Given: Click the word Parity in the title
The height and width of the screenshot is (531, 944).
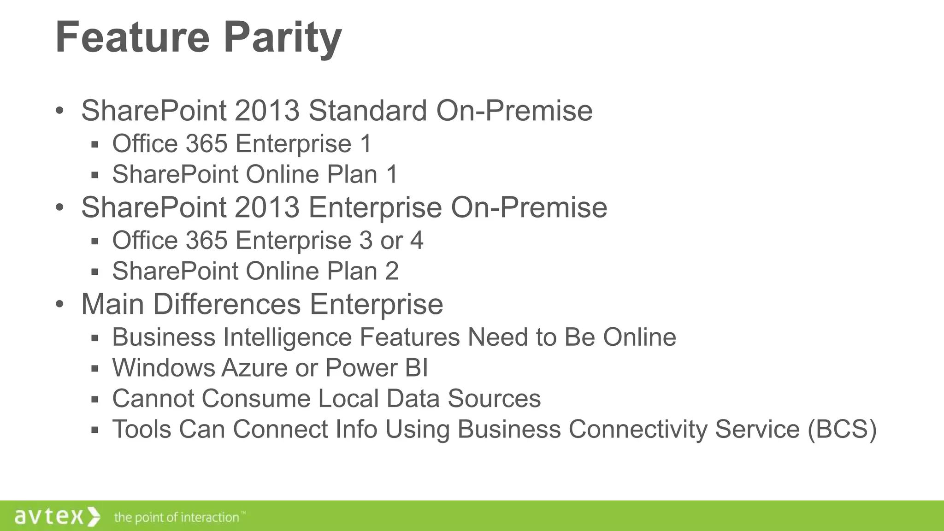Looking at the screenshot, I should tap(283, 38).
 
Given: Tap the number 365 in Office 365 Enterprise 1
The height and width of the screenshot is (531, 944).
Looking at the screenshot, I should tap(206, 143).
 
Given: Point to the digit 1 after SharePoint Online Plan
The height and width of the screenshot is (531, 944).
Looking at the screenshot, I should tap(392, 174).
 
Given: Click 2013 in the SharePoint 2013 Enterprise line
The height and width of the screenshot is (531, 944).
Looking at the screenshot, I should tap(267, 207).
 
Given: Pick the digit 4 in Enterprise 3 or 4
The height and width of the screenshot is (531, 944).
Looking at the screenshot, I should tap(417, 240).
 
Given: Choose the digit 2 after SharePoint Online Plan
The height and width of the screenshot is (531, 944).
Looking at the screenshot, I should tap(392, 271).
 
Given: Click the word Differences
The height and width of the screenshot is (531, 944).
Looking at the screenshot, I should tap(227, 304).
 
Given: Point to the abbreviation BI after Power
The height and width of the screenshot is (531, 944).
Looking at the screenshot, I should tap(417, 368).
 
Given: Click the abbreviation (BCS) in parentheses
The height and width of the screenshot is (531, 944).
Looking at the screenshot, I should tap(842, 429).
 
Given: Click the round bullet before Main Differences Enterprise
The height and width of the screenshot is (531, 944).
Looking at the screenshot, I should tap(59, 304).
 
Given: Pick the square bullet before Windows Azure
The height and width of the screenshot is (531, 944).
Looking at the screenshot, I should tap(95, 369).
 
